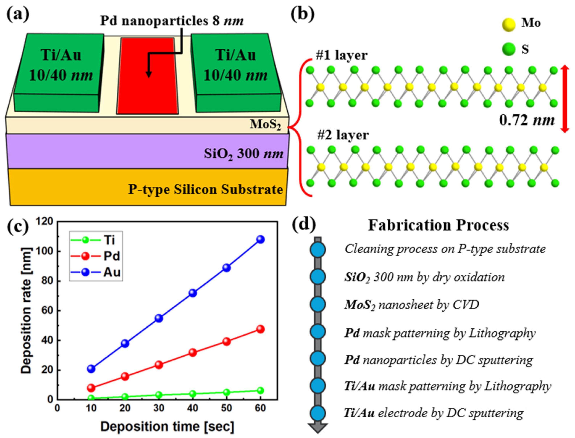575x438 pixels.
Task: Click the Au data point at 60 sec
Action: [x=260, y=239]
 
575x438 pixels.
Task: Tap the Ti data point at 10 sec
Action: [x=91, y=398]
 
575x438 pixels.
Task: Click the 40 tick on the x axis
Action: [x=193, y=408]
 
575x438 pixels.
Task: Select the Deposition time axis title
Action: [x=167, y=427]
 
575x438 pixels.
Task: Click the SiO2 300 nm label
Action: [x=243, y=154]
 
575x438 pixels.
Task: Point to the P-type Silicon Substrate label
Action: [x=205, y=190]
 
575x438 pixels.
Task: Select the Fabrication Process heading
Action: [x=438, y=226]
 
